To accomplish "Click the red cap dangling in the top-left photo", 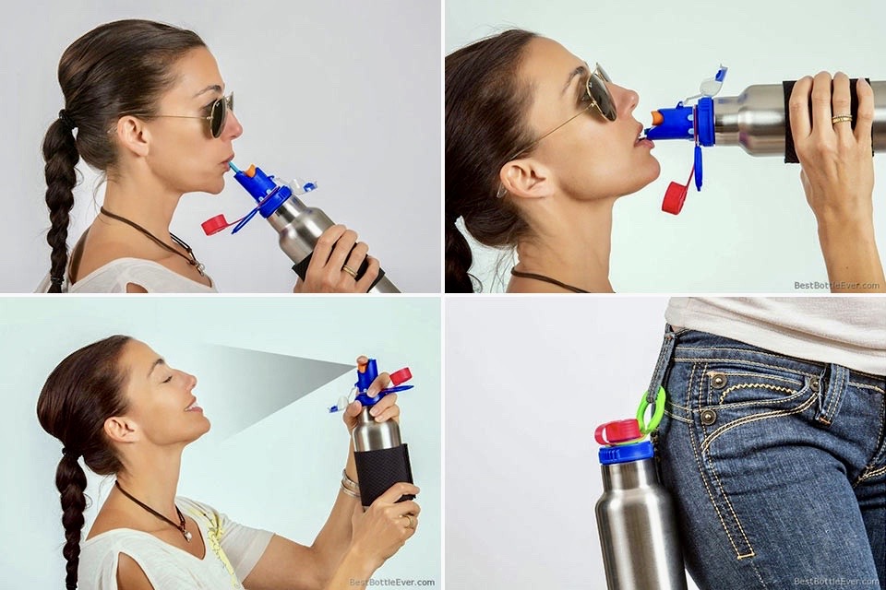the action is coord(213,223).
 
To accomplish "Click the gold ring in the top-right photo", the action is coord(842,119).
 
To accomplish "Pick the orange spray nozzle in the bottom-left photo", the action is coord(362,362).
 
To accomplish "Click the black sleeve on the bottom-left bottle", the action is coord(384,473).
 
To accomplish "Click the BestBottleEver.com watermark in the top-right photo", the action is coord(836,285).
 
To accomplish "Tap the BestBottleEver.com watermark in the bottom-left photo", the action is coord(391,582).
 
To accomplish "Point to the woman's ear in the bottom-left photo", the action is coord(116,430).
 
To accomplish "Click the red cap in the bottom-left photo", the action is coord(401,375).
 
